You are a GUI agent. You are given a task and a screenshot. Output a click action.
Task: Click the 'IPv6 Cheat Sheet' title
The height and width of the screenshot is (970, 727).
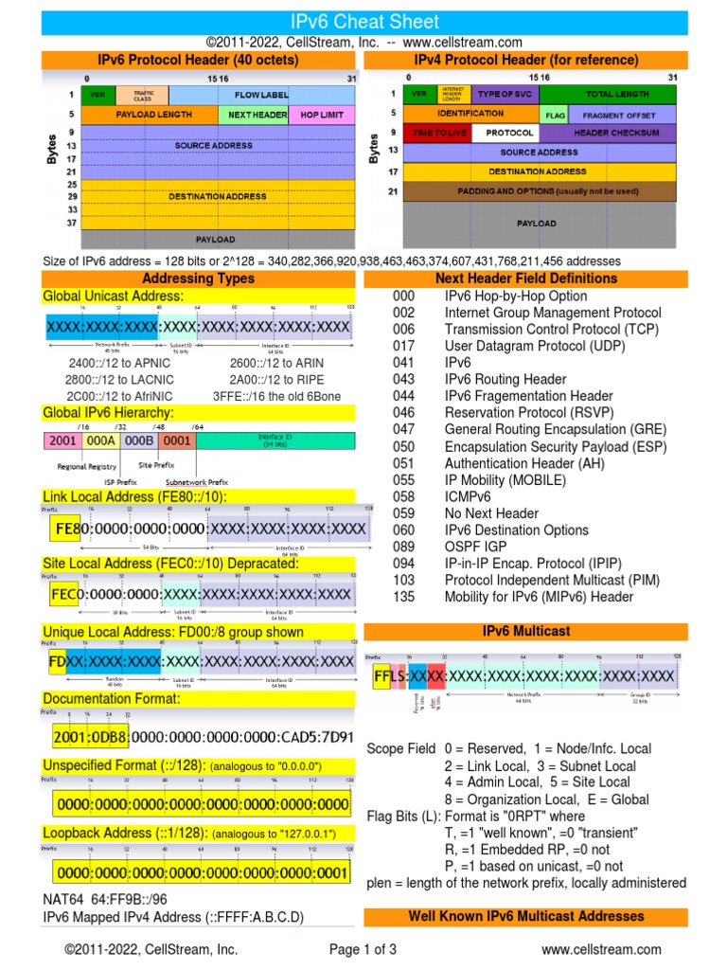(363, 21)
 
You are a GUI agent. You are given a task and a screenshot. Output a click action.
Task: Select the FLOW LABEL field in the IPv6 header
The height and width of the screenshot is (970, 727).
(262, 96)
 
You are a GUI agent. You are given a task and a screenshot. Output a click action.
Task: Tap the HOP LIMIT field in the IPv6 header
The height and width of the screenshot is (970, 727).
(322, 115)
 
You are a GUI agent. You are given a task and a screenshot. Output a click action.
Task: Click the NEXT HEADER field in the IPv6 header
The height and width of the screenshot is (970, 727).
(257, 115)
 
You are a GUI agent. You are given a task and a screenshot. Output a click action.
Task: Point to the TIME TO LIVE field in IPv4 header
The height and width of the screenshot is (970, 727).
(436, 133)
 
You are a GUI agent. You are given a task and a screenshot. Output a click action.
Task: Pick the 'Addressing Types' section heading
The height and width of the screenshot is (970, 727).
(198, 278)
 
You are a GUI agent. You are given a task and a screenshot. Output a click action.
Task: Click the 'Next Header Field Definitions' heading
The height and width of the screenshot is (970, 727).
(525, 278)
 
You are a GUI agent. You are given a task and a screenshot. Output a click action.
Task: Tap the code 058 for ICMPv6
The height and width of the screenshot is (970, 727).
(404, 496)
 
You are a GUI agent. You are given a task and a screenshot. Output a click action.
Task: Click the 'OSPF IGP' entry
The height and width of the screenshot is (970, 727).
(475, 547)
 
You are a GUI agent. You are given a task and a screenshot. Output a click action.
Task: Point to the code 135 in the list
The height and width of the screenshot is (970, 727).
(404, 597)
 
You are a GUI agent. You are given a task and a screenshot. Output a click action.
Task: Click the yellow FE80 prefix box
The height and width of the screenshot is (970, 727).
(62, 528)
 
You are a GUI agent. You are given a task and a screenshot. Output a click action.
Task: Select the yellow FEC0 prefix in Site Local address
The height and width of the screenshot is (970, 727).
(63, 594)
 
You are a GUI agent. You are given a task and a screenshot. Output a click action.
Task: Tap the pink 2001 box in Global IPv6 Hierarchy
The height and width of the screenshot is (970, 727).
(62, 440)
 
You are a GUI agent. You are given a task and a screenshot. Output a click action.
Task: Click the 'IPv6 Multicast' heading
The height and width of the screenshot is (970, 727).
(525, 630)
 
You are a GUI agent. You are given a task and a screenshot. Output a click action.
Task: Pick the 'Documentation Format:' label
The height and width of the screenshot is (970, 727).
(112, 698)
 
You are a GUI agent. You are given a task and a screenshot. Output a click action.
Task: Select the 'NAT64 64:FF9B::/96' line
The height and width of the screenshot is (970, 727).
(104, 900)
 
